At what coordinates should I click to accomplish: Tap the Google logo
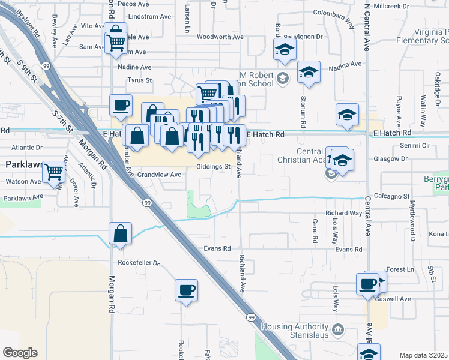[20, 353]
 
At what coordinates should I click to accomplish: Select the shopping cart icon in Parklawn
[54, 172]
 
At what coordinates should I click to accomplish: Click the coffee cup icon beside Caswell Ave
[367, 284]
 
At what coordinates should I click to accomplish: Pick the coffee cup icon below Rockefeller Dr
[186, 290]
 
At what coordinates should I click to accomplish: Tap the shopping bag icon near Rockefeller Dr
[120, 233]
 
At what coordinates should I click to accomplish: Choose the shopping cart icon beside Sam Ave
[115, 41]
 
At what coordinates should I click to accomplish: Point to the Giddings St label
[214, 166]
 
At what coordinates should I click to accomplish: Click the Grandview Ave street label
[159, 175]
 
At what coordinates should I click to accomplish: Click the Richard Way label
[343, 213]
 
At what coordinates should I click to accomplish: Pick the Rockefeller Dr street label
[139, 263]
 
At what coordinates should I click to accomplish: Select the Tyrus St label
[140, 80]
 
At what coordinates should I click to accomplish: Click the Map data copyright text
[423, 355]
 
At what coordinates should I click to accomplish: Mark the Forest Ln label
[401, 269]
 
